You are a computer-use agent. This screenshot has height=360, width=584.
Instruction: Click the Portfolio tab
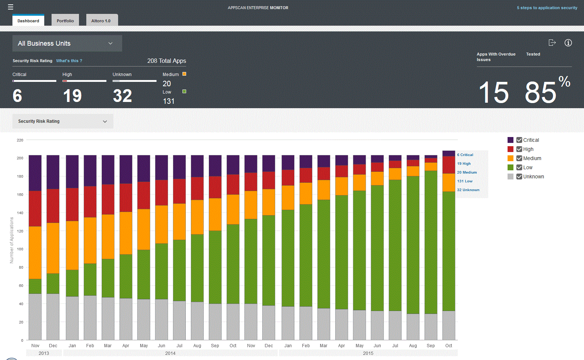(65, 21)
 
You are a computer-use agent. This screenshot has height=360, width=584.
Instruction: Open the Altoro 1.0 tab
(101, 21)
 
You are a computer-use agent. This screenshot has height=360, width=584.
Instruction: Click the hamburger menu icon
(11, 7)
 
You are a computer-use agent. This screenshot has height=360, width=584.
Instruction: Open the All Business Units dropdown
(67, 43)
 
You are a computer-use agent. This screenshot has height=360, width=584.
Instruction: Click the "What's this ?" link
(69, 61)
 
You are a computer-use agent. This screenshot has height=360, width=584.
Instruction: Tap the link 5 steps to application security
(547, 8)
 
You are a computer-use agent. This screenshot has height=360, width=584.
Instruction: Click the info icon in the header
(568, 43)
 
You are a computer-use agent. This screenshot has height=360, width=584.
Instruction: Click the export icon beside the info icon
(552, 43)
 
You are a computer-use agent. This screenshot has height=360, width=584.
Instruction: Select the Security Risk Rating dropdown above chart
(63, 121)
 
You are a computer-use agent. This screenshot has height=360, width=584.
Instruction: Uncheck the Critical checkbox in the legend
(519, 140)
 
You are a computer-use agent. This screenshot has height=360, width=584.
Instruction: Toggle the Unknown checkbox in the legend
(519, 177)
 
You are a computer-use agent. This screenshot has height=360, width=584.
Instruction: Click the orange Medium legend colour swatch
(510, 158)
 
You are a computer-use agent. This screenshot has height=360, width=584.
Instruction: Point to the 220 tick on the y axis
(20, 140)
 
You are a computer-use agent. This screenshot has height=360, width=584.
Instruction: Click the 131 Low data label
(464, 181)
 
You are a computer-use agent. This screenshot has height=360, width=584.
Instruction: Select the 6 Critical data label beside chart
(465, 155)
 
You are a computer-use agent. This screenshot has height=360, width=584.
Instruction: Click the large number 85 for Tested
(540, 92)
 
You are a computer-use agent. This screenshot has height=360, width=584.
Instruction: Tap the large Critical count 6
(17, 96)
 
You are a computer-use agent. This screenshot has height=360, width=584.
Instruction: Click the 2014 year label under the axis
(170, 353)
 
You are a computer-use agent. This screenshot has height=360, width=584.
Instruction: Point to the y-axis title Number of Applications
(12, 240)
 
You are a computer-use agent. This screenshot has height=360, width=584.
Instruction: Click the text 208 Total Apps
(166, 61)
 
